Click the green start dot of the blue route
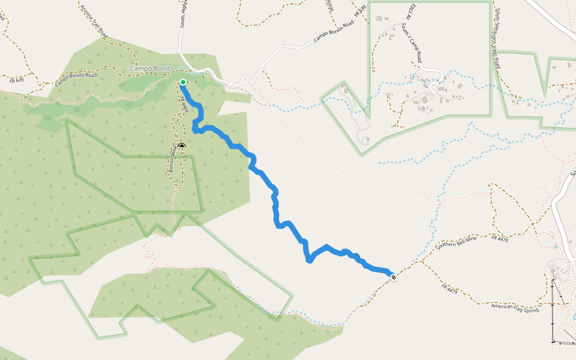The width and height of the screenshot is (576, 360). coord(182,82)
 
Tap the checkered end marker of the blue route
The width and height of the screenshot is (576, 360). coord(393,277)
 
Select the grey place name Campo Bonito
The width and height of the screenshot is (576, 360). coord(152,69)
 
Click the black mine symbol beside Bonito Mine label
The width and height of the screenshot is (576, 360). coord(182,146)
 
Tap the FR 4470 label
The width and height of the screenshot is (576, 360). coord(500,238)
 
